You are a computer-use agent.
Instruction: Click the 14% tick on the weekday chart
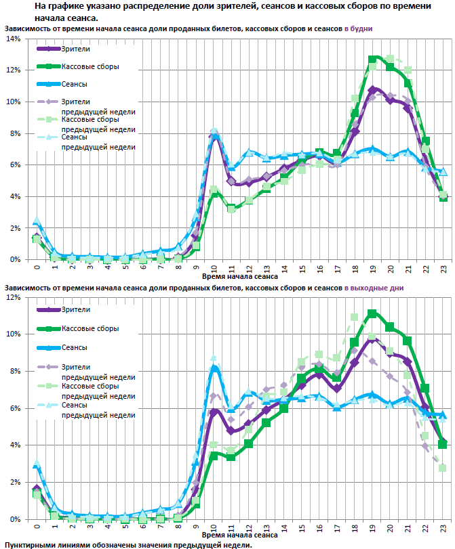(x=13, y=39)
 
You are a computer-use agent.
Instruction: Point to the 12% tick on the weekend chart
(x=13, y=297)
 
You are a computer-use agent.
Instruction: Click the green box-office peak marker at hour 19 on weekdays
(x=373, y=60)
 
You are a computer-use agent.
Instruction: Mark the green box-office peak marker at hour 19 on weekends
(x=372, y=313)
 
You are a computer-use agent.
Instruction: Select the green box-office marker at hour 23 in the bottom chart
(x=443, y=445)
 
